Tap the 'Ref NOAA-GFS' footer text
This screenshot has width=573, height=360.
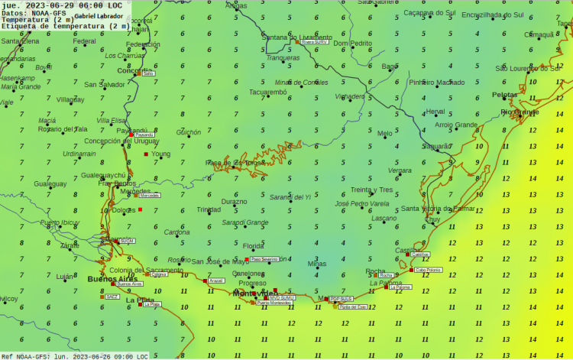[x=74, y=356]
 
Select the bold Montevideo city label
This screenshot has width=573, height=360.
[x=256, y=294]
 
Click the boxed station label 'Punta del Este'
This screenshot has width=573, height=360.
[x=352, y=306]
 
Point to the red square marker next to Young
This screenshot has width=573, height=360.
[x=146, y=154]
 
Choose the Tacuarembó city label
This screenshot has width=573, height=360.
[x=267, y=92]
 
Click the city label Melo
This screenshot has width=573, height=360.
[x=384, y=134]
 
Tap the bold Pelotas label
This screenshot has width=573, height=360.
[x=504, y=95]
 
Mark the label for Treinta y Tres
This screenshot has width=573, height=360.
[x=371, y=190]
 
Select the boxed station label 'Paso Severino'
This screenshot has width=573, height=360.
[x=265, y=259]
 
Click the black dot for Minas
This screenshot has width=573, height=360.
[x=316, y=269]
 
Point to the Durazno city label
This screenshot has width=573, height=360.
[x=234, y=202]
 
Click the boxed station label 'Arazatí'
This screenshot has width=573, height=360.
[x=216, y=281]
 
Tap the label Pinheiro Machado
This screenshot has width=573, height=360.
[x=436, y=83]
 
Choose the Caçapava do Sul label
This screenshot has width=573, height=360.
[x=429, y=13]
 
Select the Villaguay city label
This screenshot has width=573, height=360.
[x=70, y=99]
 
